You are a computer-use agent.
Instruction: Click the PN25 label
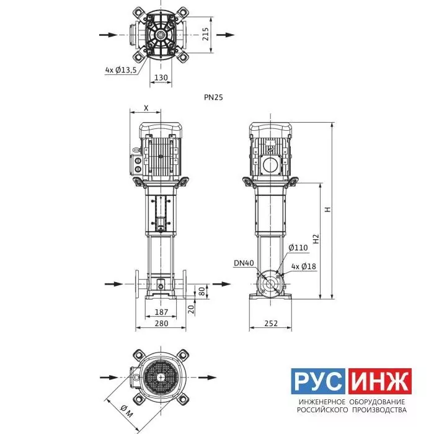point(213,97)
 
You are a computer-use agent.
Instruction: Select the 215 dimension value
point(206,34)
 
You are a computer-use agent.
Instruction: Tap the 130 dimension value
point(161,77)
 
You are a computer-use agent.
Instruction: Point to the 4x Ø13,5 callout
point(121,70)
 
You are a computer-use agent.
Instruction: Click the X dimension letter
point(146,108)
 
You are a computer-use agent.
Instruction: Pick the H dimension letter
point(328,210)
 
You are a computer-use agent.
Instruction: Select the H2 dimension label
point(316,239)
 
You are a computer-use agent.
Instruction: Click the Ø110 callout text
point(298,248)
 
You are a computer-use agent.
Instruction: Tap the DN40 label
point(244,263)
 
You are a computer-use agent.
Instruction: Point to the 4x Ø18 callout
point(304,267)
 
